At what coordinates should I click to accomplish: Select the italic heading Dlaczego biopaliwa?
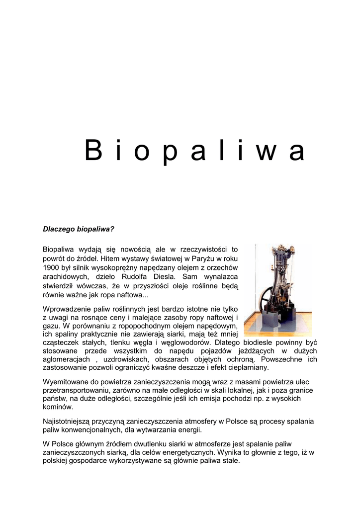click(79, 229)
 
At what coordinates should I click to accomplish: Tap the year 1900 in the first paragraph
click(51, 267)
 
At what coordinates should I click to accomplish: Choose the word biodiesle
click(256, 342)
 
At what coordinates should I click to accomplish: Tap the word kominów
click(58, 407)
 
